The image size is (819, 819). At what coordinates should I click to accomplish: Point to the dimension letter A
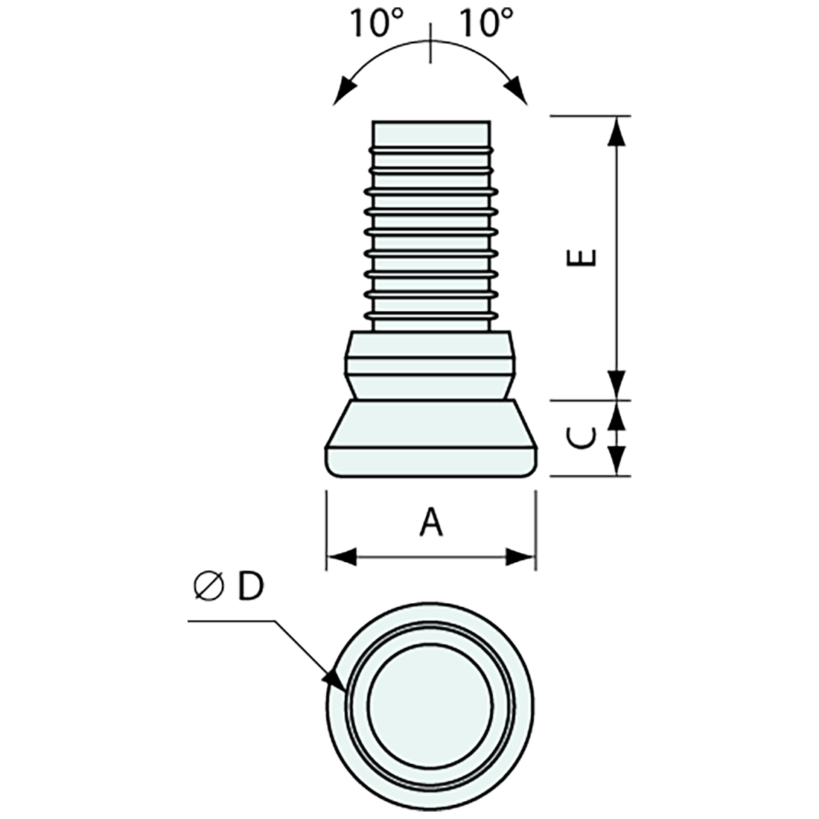coord(430,522)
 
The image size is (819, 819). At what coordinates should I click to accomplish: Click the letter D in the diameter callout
coord(250,587)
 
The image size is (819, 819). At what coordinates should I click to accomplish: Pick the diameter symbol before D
coord(208,587)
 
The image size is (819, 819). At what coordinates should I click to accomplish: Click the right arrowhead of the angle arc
coord(518,93)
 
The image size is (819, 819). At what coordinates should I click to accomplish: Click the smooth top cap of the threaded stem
coord(431,133)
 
